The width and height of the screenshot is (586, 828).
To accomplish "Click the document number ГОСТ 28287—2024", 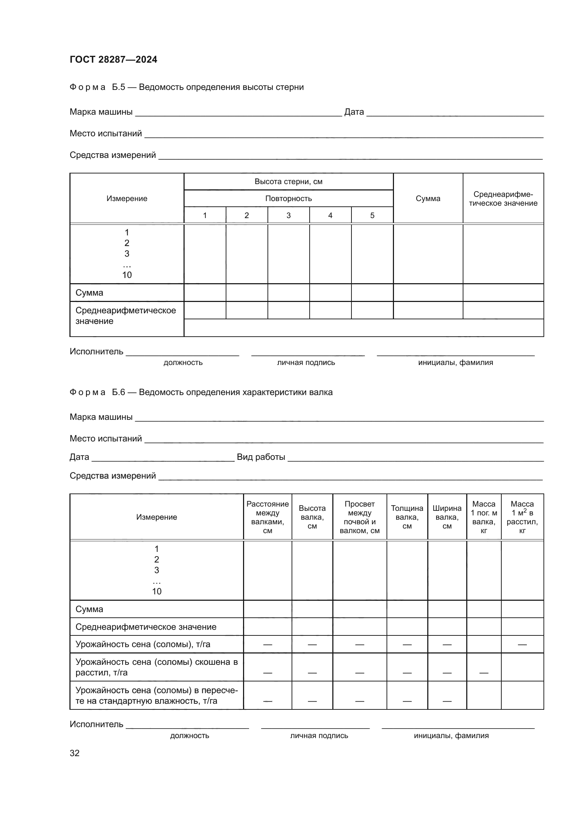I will click(113, 59).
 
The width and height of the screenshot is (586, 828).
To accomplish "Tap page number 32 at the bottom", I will click(75, 753).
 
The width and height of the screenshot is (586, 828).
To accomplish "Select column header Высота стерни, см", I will click(288, 181).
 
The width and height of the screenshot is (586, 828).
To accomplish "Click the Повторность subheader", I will click(288, 198).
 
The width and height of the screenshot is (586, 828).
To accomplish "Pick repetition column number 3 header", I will click(288, 215).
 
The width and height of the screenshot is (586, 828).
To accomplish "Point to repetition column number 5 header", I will click(372, 215).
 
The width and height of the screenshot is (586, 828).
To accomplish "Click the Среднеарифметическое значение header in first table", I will click(503, 199).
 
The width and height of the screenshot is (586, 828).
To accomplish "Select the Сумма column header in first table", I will click(428, 198).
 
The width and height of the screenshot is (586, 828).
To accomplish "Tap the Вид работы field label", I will click(261, 457).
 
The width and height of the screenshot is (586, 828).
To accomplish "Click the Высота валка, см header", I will click(312, 517).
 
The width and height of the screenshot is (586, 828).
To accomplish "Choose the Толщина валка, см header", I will click(407, 517).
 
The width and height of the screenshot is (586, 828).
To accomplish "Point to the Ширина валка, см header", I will click(447, 517).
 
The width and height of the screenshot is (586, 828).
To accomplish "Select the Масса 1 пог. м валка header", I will click(484, 517).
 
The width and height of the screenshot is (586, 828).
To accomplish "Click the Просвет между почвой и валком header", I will click(360, 517).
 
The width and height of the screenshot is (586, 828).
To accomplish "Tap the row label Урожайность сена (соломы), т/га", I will click(143, 644).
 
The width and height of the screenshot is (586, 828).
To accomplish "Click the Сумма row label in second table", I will click(89, 609).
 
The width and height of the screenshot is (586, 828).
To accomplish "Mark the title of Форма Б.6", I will click(201, 392).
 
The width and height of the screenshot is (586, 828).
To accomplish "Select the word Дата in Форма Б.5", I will click(354, 112).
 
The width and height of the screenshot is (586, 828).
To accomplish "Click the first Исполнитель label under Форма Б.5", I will click(96, 351).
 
